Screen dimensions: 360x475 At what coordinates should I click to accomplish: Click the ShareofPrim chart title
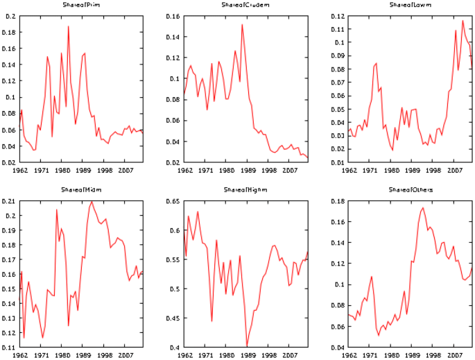(x=81, y=5)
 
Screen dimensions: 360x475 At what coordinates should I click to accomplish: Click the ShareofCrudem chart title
(x=246, y=5)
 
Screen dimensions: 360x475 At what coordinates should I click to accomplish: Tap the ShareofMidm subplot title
(x=81, y=190)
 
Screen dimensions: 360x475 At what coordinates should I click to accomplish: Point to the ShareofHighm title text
(x=246, y=190)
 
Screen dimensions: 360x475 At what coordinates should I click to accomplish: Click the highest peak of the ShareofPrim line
(x=68, y=26)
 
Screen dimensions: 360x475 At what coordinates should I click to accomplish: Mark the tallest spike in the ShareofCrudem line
(x=242, y=25)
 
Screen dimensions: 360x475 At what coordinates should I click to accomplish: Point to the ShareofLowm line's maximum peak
(x=463, y=21)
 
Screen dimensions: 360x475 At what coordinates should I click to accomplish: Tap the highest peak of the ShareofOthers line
(x=423, y=207)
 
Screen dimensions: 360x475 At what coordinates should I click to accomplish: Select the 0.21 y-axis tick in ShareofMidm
(x=10, y=201)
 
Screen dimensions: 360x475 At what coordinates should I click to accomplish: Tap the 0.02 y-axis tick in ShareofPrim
(x=10, y=162)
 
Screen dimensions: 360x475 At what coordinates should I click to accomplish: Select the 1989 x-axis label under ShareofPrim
(x=83, y=169)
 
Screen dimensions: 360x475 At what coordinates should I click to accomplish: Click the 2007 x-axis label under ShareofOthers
(x=454, y=354)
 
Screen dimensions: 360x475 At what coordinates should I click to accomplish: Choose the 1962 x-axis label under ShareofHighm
(x=185, y=354)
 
